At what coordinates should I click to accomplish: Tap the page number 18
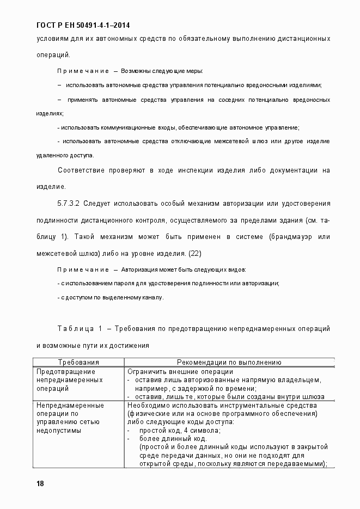coord(40,484)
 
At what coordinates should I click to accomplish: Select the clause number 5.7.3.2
coord(69,203)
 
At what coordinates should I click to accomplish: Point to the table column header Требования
coord(78,361)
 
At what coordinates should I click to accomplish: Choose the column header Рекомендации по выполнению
coord(229,361)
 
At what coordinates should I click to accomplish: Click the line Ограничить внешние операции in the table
coord(172,371)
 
